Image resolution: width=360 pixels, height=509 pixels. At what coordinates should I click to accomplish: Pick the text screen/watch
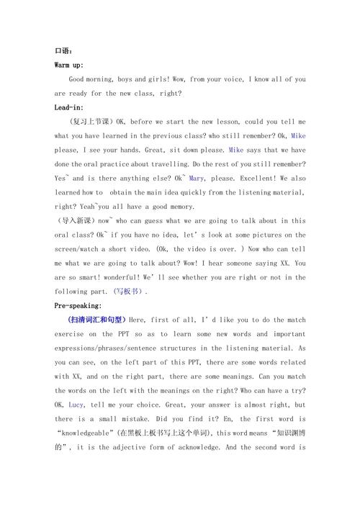(x=78, y=249)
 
